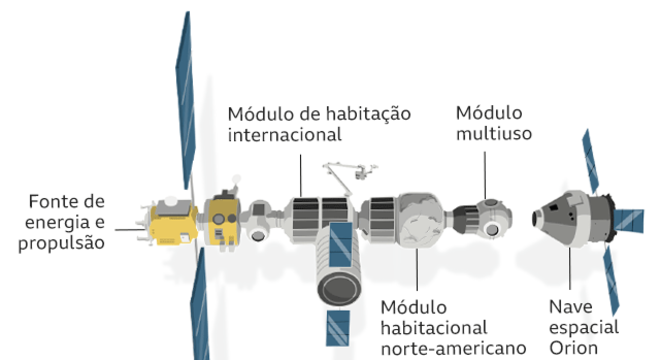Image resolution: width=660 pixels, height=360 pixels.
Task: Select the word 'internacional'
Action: coord(285,133)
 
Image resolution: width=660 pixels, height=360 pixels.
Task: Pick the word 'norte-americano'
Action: coord(453,349)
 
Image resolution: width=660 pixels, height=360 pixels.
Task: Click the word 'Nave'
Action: coord(568,307)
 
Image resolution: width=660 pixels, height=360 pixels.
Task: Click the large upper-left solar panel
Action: coord(182,100)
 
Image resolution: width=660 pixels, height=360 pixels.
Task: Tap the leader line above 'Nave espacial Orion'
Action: coord(569,270)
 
